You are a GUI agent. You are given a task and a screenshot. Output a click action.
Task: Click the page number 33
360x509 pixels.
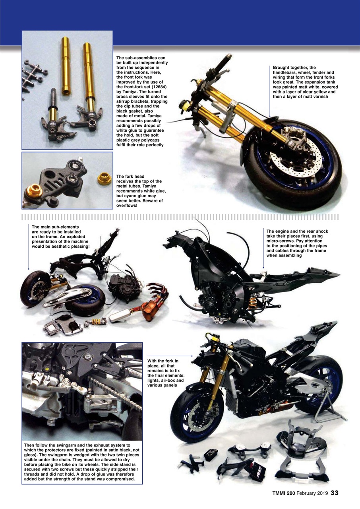(x=335, y=493)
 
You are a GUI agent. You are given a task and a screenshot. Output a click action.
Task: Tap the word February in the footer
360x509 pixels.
(x=306, y=493)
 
